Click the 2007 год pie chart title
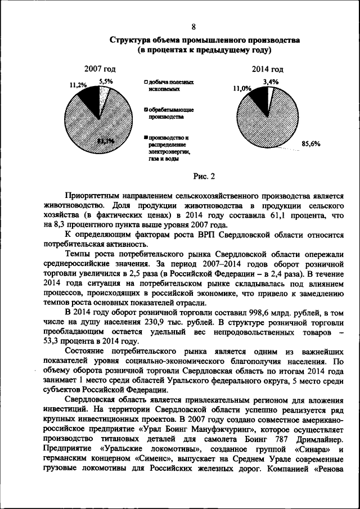[100, 69]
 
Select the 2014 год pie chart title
[268, 69]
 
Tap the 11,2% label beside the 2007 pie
[78, 85]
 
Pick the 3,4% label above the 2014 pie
[271, 82]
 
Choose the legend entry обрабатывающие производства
[168, 114]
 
